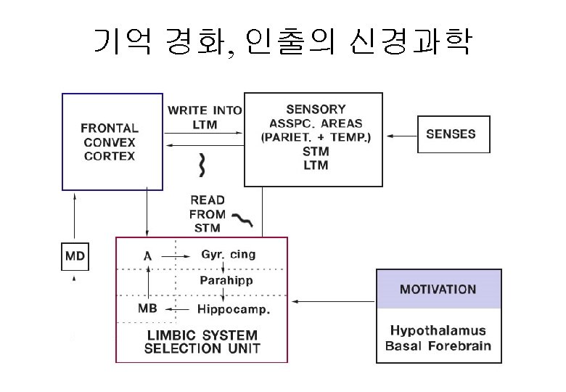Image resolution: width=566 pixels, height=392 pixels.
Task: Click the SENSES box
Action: (x=451, y=134)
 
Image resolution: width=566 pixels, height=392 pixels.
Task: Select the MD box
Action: (x=75, y=256)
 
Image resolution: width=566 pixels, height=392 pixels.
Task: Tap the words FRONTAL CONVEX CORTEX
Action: (x=109, y=142)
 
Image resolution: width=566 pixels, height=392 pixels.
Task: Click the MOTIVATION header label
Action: (x=438, y=289)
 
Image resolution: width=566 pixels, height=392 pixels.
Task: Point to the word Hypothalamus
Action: (x=438, y=330)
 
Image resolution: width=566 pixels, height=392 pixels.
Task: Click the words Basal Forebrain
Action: (x=438, y=346)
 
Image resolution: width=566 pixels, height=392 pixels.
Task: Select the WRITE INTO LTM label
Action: (x=204, y=118)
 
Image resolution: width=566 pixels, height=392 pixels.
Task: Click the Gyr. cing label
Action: (x=227, y=255)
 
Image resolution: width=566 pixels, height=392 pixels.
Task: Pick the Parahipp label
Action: (x=226, y=280)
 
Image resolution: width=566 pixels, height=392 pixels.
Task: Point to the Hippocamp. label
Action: (x=234, y=309)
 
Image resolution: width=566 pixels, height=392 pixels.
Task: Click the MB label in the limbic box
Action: (x=147, y=309)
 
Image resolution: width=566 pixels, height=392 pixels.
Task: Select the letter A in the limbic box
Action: (x=147, y=256)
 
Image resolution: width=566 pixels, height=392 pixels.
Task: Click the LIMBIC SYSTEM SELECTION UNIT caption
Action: (x=202, y=341)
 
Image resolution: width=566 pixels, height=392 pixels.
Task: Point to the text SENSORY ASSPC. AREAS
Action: (x=315, y=116)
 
